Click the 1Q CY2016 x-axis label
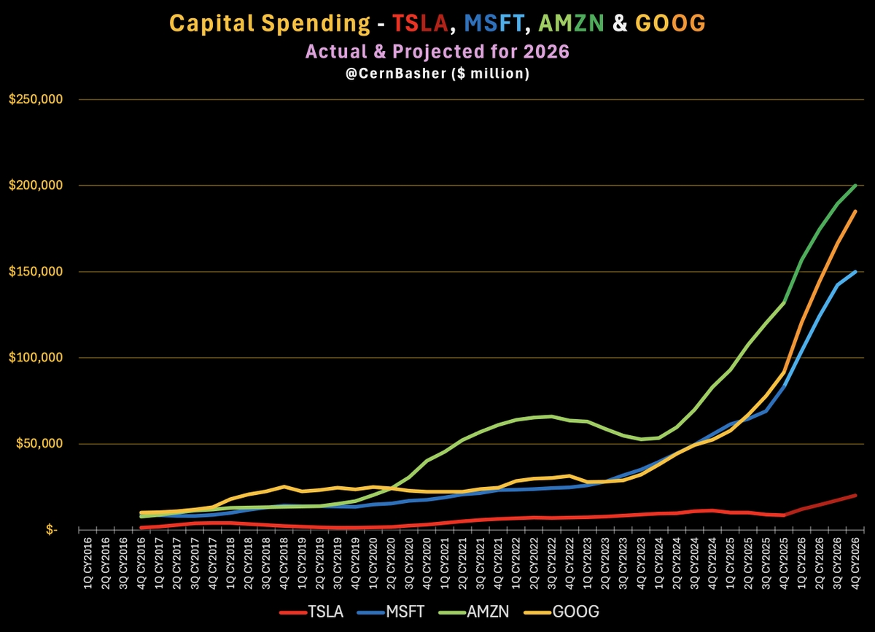(x=87, y=560)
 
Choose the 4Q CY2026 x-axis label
(x=855, y=560)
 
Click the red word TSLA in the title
(x=416, y=24)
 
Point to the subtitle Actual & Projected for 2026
(x=437, y=52)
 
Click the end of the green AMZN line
(x=855, y=185)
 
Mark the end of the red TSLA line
(x=855, y=495)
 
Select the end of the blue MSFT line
(x=855, y=271)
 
